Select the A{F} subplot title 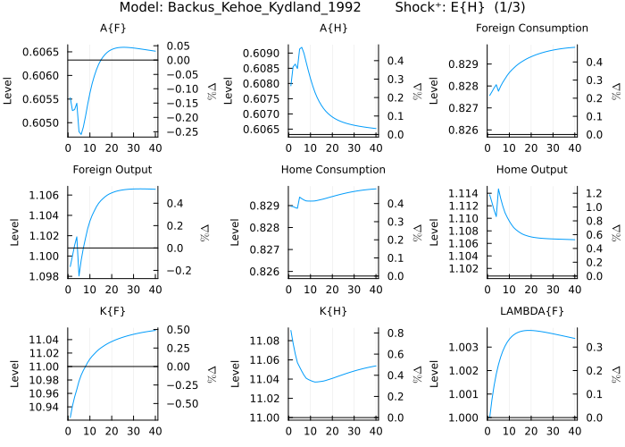pos(112,29)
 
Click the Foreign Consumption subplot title pos(531,29)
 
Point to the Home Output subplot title pos(531,170)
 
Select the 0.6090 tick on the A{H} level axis pos(263,54)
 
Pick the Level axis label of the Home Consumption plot pos(235,233)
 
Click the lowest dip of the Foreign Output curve pos(79,276)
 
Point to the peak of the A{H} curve pos(302,47)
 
